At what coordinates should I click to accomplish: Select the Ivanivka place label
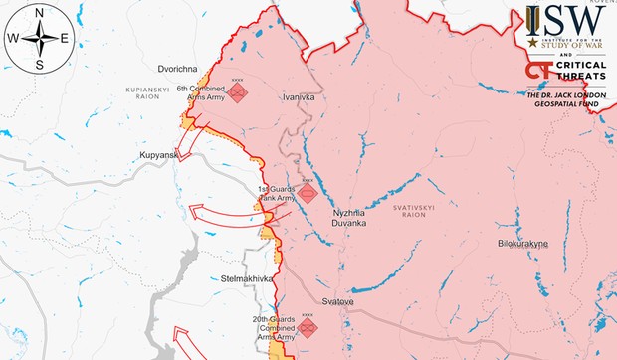click(299, 97)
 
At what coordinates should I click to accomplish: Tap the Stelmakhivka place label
click(247, 278)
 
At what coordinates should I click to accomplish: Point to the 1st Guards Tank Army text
click(278, 193)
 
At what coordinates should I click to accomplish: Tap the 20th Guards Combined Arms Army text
click(274, 328)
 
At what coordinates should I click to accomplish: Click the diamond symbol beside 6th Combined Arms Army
click(238, 93)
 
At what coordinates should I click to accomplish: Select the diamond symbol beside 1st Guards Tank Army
click(308, 192)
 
